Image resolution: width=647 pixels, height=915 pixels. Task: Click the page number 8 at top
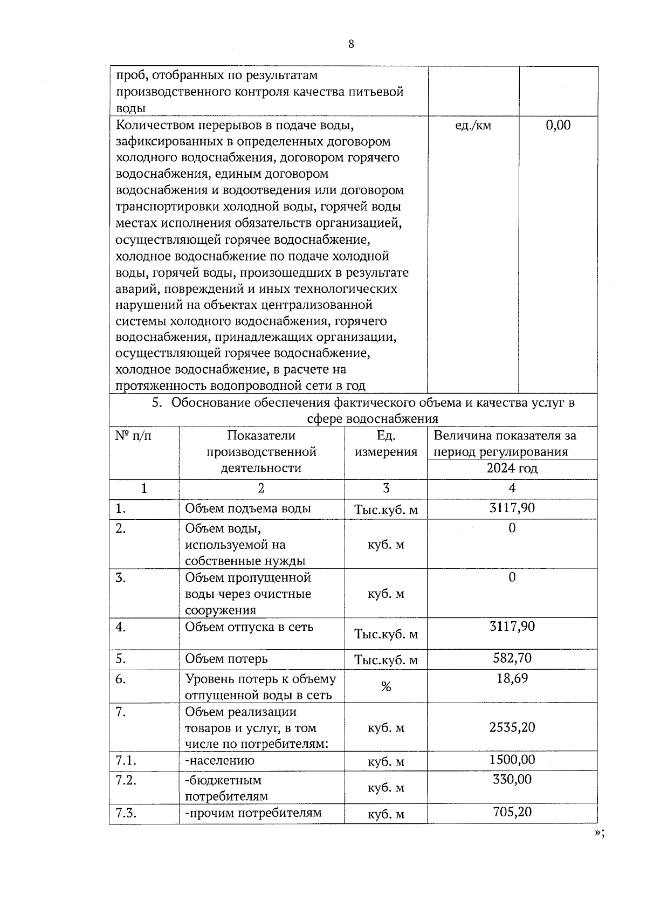351,44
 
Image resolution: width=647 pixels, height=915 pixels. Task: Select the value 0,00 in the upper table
558,126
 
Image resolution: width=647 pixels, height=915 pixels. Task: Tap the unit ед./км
473,126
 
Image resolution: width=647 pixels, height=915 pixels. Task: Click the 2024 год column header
512,468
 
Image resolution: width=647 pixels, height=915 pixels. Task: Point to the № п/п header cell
134,436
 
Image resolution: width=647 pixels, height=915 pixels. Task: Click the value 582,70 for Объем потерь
512,658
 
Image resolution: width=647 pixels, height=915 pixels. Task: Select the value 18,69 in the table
512,678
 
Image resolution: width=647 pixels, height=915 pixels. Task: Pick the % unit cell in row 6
386,686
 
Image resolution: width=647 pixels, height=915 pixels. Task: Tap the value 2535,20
512,727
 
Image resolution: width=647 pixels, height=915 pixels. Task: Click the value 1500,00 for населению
512,760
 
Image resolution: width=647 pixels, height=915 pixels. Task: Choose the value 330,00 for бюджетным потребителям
512,779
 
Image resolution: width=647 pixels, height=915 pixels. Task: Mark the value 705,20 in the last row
512,811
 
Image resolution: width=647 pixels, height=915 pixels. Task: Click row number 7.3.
126,813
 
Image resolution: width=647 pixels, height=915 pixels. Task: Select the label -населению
219,760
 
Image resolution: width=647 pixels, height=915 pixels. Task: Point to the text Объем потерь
226,659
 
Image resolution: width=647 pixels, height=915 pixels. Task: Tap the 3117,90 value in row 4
512,627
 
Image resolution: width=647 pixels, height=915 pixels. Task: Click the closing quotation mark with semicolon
599,848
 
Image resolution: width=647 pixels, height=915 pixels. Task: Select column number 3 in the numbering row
386,489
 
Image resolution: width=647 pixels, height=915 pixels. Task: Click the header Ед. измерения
386,444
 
